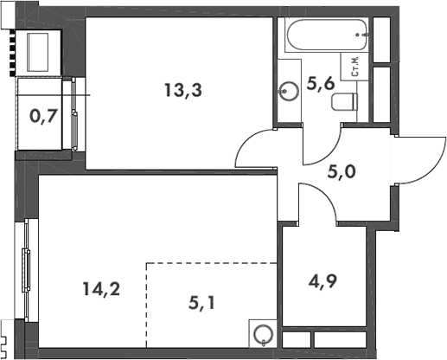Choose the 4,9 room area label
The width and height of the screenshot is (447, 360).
[x=324, y=281]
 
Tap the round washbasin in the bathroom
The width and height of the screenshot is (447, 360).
[x=288, y=89]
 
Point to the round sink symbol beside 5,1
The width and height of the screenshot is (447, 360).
[x=262, y=332]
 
